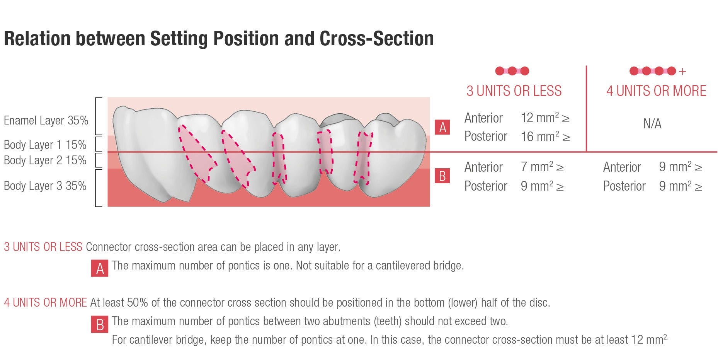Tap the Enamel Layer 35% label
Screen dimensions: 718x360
[x=46, y=121]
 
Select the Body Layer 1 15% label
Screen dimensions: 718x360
[x=45, y=145]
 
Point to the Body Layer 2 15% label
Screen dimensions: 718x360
[x=45, y=160]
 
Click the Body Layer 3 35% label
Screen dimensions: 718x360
[x=45, y=186]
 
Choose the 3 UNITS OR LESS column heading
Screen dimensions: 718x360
[x=514, y=91]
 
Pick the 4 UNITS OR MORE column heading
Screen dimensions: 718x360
[x=656, y=91]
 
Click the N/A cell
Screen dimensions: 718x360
[x=652, y=124]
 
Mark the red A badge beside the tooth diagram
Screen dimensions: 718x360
[x=442, y=127]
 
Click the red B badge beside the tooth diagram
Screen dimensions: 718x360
[x=442, y=176]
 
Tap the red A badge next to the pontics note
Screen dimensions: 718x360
[x=100, y=268]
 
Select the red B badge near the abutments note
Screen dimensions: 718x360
[x=100, y=324]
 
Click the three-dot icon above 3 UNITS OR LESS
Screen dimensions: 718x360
[x=512, y=71]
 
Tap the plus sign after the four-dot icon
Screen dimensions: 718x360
[x=682, y=72]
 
